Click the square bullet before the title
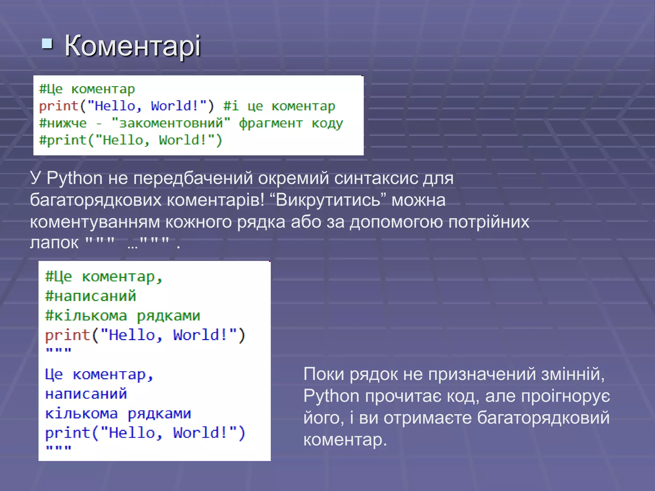(47, 44)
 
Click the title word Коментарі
(132, 46)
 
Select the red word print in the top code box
(59, 106)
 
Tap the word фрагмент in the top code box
(271, 123)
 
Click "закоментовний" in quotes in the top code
(171, 123)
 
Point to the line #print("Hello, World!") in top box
(130, 140)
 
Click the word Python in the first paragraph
(75, 178)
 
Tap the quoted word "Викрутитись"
(328, 200)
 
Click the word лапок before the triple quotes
(54, 243)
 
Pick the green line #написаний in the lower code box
(91, 296)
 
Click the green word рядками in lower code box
(168, 316)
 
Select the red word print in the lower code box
(67, 335)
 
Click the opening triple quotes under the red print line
(58, 350)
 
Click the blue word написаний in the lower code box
(86, 394)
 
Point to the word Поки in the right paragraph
(324, 374)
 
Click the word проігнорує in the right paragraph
(565, 396)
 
